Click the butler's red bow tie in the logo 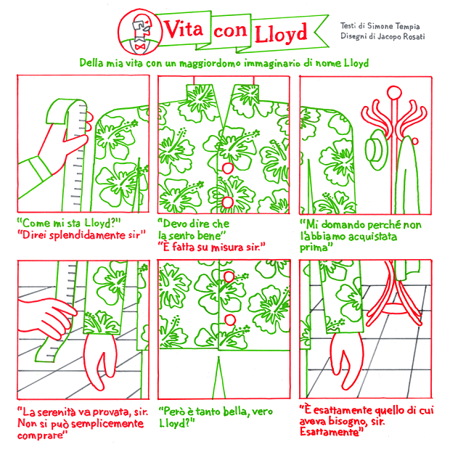140,46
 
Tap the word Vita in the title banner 184,29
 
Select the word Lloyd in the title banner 282,33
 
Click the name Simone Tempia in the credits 393,26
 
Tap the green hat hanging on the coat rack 377,150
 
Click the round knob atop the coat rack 394,93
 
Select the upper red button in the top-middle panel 228,168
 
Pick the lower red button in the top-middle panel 228,202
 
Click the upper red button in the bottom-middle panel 229,277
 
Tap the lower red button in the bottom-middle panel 230,319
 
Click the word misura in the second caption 227,247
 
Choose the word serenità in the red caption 57,412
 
